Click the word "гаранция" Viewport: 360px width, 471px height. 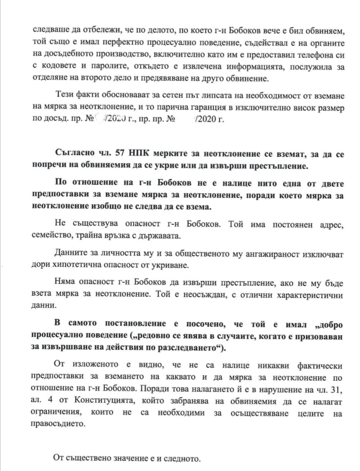(x=195, y=108)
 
